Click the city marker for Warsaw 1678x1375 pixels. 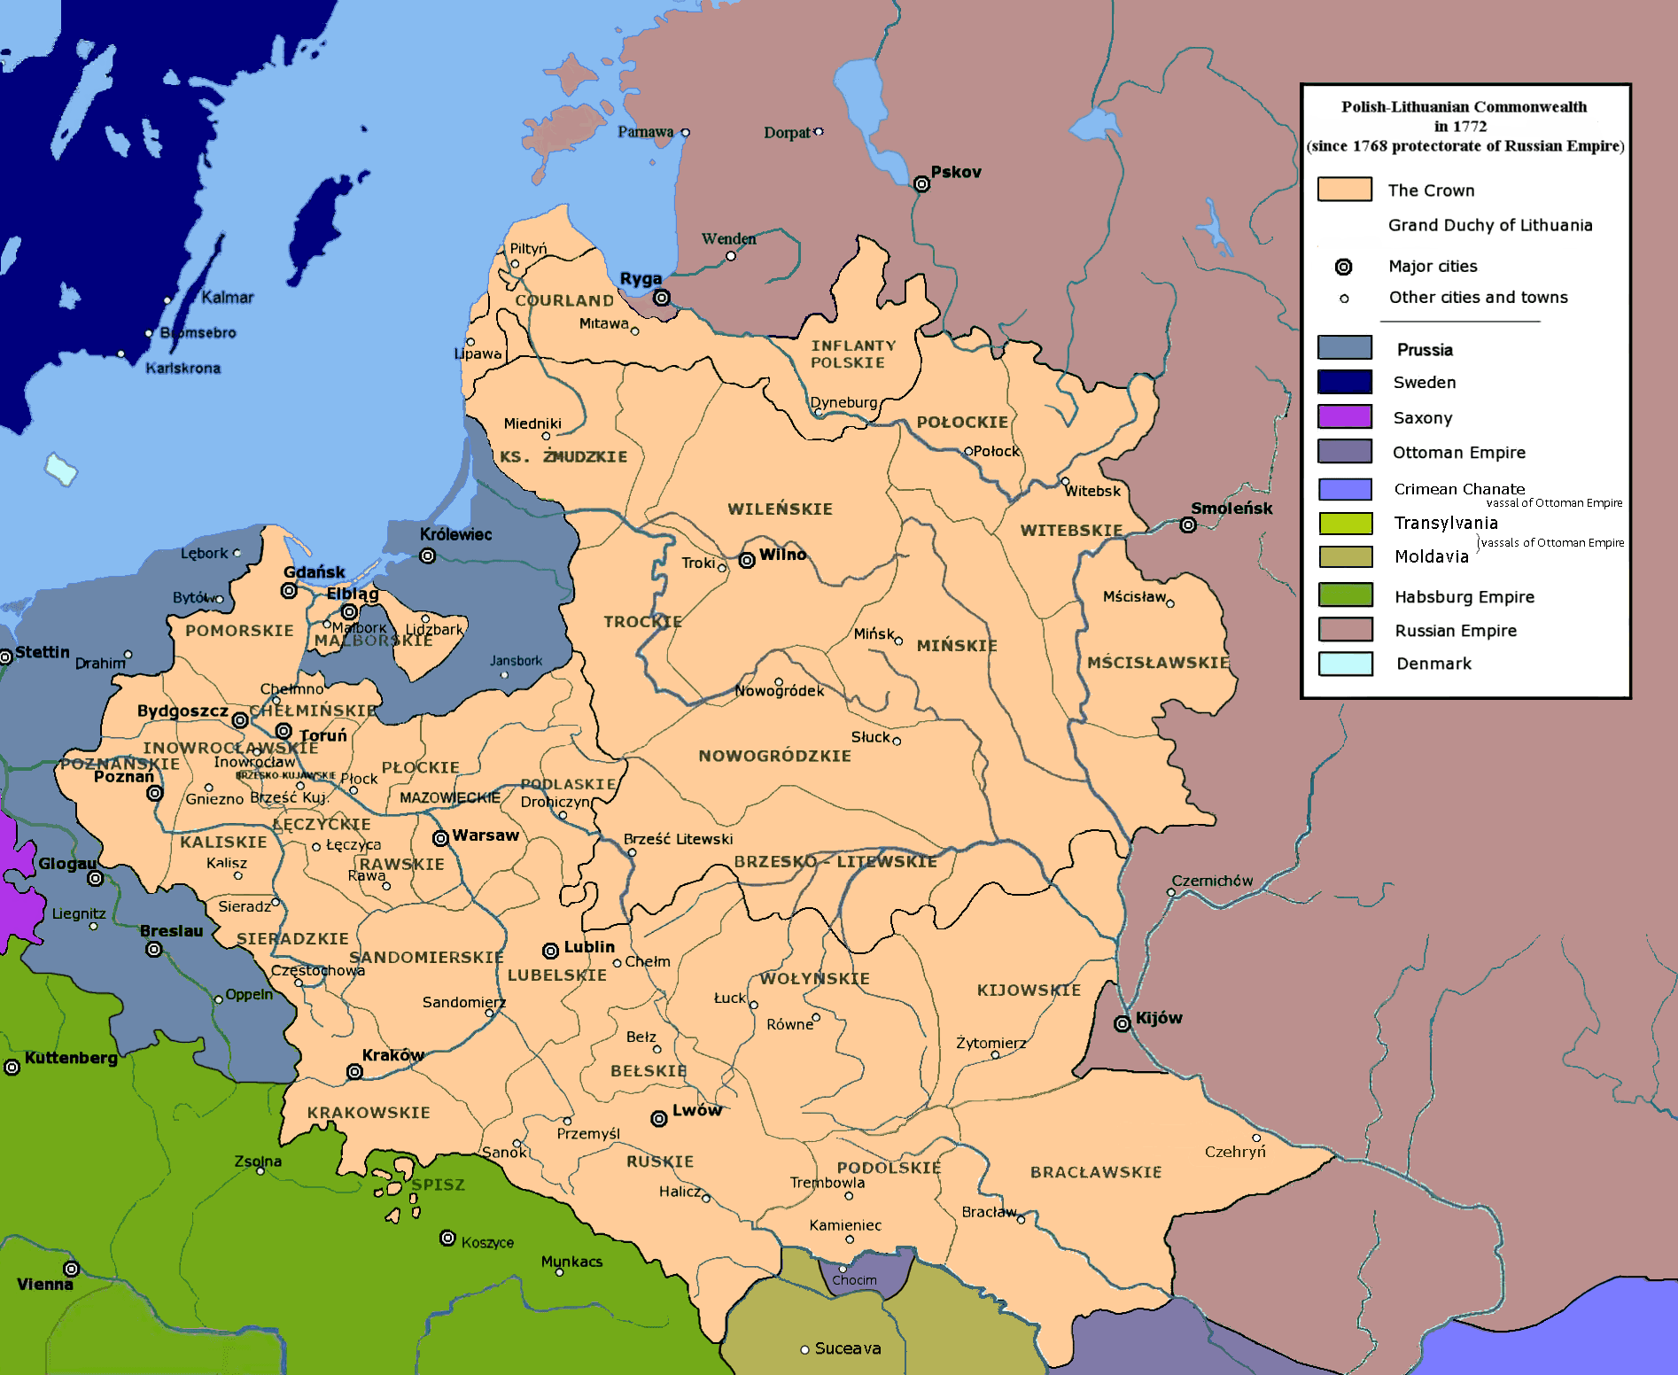440,838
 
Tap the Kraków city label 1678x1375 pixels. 392,1055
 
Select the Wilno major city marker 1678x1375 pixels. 747,560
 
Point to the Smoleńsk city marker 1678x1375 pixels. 1188,525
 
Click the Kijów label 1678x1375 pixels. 1158,1018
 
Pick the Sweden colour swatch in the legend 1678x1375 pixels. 1344,382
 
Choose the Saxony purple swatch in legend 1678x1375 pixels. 1344,416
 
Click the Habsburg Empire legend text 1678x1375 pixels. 1464,597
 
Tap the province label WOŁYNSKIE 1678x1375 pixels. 814,979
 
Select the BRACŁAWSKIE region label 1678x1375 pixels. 1095,1172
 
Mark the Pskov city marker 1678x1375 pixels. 921,184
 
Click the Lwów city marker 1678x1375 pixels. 659,1119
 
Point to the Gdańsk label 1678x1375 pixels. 314,572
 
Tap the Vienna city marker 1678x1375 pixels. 72,1270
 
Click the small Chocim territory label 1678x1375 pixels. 854,1280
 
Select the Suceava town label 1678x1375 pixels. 847,1348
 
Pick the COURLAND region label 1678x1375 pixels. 564,301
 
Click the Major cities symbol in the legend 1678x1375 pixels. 1344,267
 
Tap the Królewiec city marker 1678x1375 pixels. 428,556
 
